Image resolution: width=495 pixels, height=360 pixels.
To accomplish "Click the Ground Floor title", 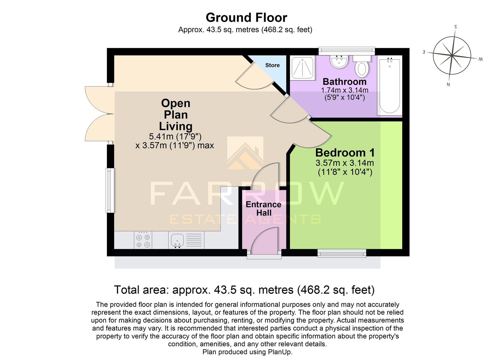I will point(246,17).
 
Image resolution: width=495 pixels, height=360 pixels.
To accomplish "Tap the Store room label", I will point(272,65).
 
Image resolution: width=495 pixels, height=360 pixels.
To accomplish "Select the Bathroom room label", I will point(344,82).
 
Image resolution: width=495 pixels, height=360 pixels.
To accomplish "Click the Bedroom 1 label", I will point(345,153).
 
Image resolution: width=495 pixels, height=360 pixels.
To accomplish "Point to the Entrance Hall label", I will point(263,208).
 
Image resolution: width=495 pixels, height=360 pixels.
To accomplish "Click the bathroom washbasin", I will point(339,61).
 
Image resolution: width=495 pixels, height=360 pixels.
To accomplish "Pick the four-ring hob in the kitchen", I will point(143,240).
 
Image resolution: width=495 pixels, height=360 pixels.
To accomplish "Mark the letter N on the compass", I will point(448,84).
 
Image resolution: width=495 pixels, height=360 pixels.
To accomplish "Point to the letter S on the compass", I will point(456,27).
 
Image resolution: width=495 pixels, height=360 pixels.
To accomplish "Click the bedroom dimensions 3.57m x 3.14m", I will point(345,163).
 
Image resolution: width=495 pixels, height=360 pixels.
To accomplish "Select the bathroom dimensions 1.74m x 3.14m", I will point(344,90).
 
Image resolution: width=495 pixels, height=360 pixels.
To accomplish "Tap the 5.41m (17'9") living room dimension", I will point(175,136).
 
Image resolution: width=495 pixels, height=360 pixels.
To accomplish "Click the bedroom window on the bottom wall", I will point(342,254).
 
